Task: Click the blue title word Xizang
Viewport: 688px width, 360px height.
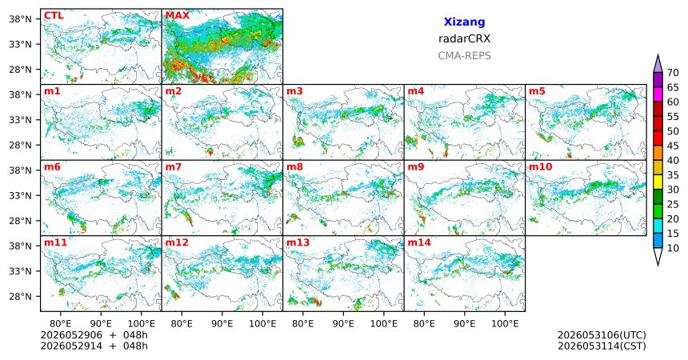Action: [464, 22]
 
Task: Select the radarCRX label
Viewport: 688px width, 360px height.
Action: [464, 38]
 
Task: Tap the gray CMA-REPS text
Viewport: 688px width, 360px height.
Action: [464, 56]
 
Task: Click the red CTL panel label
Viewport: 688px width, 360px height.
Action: [54, 16]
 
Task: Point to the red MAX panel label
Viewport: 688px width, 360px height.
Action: [178, 16]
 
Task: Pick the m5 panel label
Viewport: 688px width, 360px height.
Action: [537, 91]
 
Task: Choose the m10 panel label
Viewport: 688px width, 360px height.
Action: [541, 167]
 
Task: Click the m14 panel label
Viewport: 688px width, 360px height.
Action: [419, 242]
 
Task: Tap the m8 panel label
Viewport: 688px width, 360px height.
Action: [294, 167]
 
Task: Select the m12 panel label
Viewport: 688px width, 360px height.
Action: [177, 242]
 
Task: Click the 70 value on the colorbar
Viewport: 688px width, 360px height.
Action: [673, 73]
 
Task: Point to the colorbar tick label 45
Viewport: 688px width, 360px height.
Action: [673, 146]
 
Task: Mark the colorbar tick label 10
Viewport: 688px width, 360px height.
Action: [673, 248]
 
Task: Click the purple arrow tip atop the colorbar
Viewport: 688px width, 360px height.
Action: [658, 55]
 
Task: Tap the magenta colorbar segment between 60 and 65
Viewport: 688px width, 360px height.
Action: [658, 94]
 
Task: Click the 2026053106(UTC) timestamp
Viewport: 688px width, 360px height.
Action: [602, 335]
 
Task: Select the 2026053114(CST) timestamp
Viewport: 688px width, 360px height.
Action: [602, 346]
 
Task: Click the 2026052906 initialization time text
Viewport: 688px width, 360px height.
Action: [71, 335]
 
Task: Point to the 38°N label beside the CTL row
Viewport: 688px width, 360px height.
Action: [20, 19]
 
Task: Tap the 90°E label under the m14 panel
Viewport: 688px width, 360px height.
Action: [465, 324]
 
